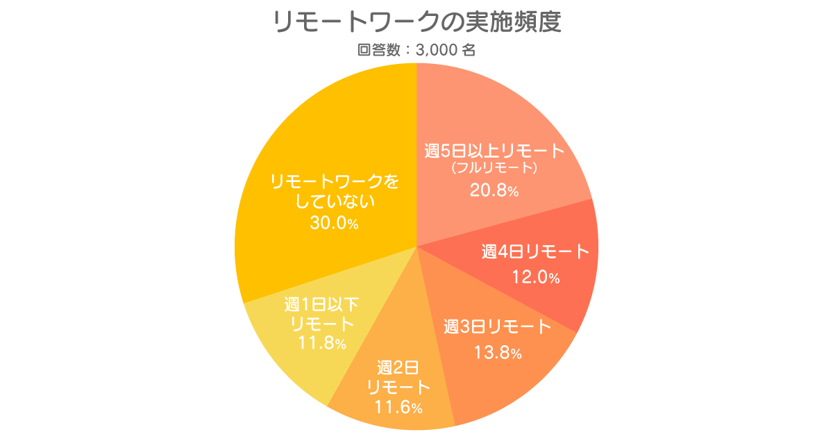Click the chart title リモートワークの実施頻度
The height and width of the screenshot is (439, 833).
(x=416, y=22)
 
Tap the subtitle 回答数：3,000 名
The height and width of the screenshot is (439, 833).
(x=416, y=50)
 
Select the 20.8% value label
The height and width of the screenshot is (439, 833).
(x=494, y=190)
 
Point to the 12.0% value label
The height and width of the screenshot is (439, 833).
(x=536, y=277)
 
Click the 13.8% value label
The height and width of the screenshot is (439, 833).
(x=498, y=352)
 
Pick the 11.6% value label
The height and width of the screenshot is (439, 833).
(x=398, y=407)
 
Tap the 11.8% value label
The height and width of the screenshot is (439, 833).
(x=322, y=342)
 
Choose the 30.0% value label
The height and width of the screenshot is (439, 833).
(x=335, y=223)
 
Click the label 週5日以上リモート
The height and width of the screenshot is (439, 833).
(x=494, y=151)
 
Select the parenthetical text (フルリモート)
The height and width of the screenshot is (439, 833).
(x=494, y=168)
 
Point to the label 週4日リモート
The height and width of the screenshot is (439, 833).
(x=536, y=252)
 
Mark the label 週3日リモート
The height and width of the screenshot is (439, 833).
(x=498, y=327)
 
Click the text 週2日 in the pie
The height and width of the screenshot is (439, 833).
(x=398, y=368)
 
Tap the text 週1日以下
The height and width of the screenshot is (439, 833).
(x=321, y=305)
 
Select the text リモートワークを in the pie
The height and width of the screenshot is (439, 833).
(x=335, y=182)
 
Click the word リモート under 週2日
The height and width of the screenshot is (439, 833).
(x=398, y=388)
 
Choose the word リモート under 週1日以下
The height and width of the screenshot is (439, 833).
(x=322, y=324)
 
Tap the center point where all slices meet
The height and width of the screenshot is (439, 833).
(x=416, y=246)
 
